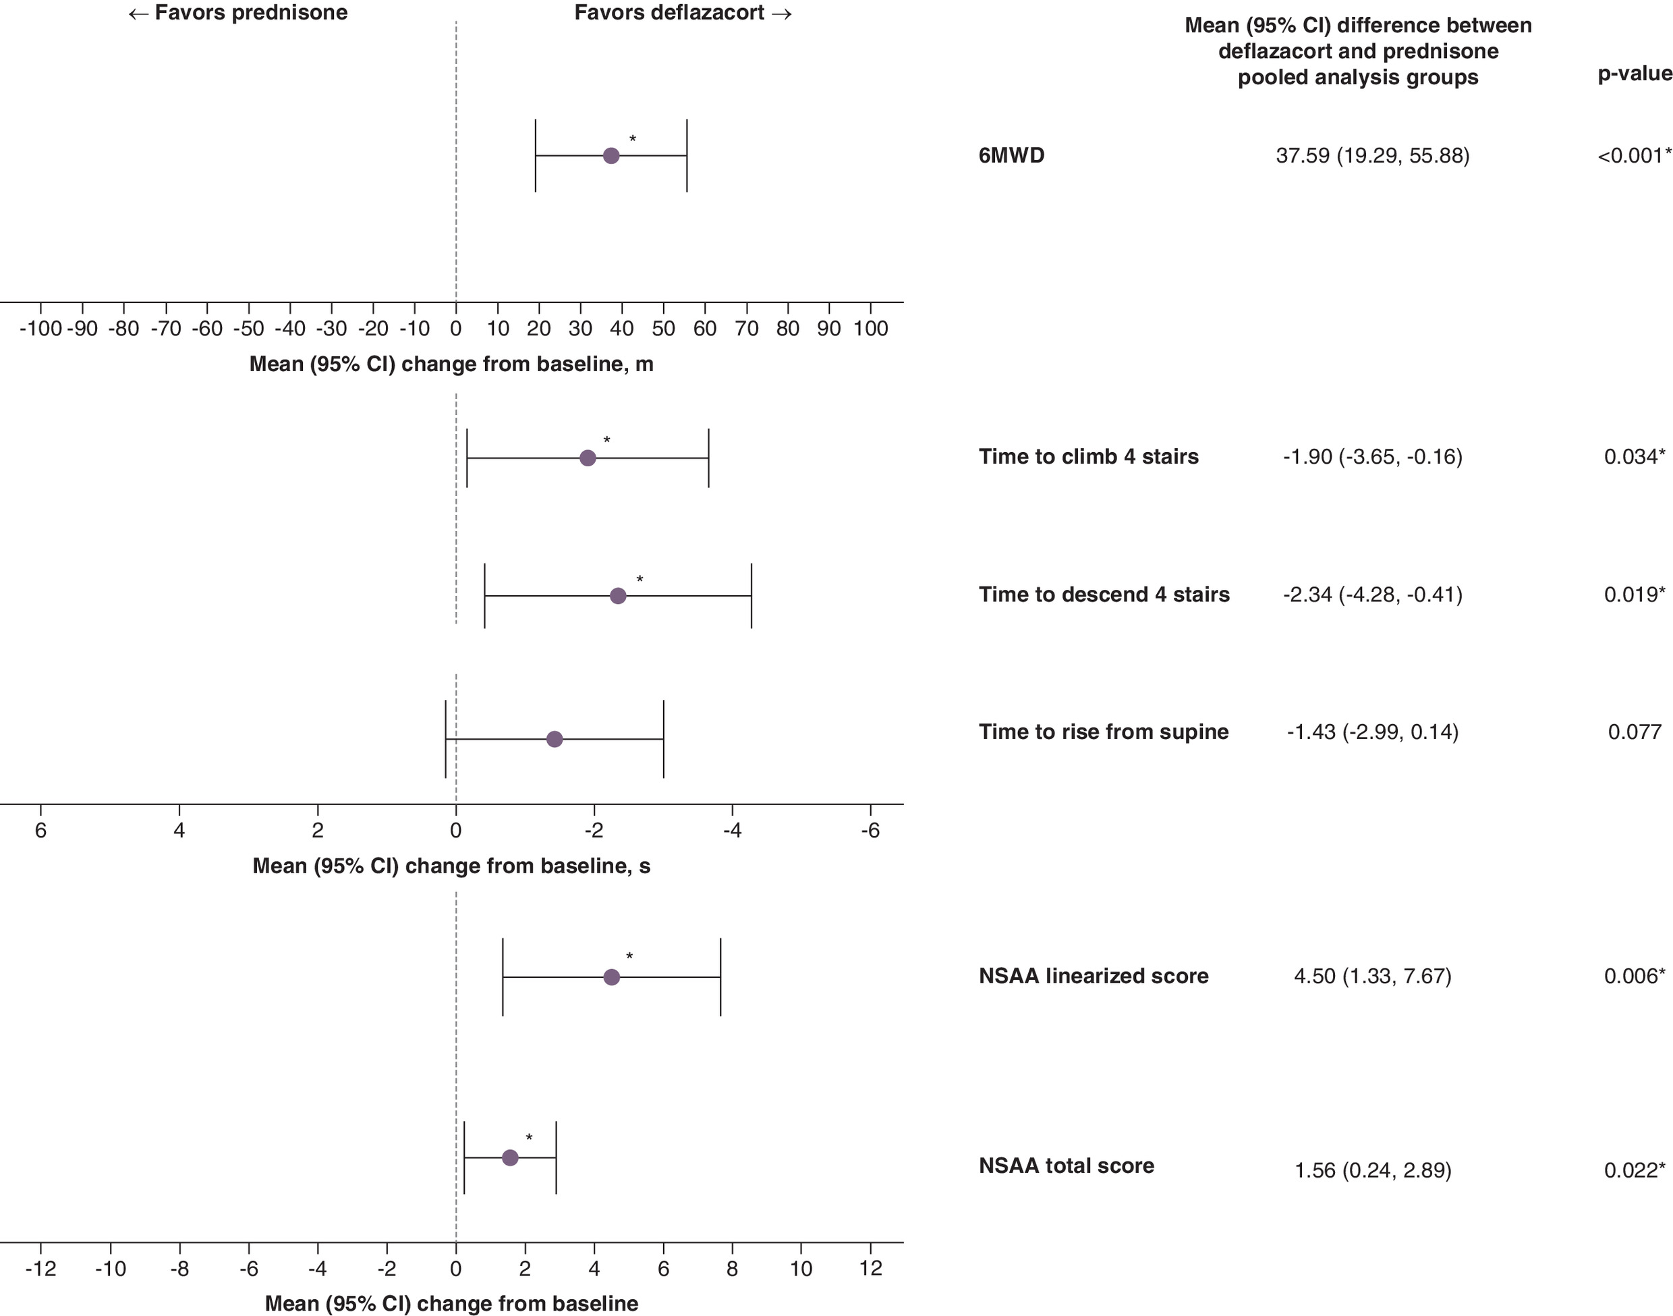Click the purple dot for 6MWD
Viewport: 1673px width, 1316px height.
(611, 156)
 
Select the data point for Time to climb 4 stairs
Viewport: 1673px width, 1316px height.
(588, 458)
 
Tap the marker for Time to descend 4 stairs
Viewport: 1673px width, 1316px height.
(618, 596)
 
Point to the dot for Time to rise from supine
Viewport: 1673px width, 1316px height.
(555, 740)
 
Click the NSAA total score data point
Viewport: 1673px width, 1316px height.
(510, 1157)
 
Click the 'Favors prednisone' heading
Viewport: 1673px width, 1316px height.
(238, 13)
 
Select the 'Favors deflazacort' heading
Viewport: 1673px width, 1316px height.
(683, 13)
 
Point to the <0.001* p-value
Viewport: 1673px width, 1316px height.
(1635, 156)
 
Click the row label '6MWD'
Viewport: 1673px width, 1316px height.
(1011, 156)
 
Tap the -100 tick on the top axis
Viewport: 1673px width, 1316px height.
(41, 329)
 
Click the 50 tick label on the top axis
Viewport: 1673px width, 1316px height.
(663, 329)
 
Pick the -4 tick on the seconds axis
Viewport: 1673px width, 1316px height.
(732, 831)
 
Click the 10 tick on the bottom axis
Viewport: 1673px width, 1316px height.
(801, 1269)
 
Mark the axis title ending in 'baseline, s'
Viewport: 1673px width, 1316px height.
(451, 866)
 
